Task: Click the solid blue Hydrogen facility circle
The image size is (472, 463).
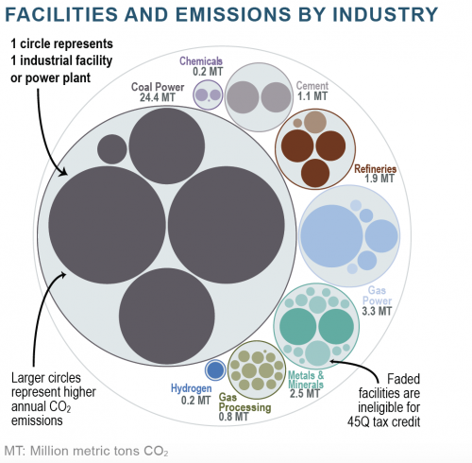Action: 215,369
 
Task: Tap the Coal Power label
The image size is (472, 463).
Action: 158,87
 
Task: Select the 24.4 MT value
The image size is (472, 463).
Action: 158,97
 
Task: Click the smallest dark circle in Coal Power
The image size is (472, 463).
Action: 112,149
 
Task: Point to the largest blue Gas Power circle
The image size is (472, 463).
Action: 331,236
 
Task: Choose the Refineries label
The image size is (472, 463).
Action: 376,169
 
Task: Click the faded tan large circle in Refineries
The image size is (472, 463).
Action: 315,122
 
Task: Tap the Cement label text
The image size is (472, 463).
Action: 312,85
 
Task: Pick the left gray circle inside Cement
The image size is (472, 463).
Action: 243,97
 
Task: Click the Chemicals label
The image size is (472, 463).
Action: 201,60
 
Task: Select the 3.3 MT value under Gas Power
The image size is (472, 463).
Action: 377,311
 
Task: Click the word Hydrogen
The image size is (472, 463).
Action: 192,388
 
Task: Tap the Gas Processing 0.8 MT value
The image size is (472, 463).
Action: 233,417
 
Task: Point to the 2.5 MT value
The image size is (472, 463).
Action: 305,393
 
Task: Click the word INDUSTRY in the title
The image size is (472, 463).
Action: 385,14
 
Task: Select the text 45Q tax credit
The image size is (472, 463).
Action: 384,421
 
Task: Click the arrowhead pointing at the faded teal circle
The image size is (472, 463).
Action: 333,362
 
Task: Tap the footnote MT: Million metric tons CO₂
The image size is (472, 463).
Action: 86,451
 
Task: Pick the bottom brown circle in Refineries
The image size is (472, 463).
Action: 315,173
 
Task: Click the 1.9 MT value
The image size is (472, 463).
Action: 379,179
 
